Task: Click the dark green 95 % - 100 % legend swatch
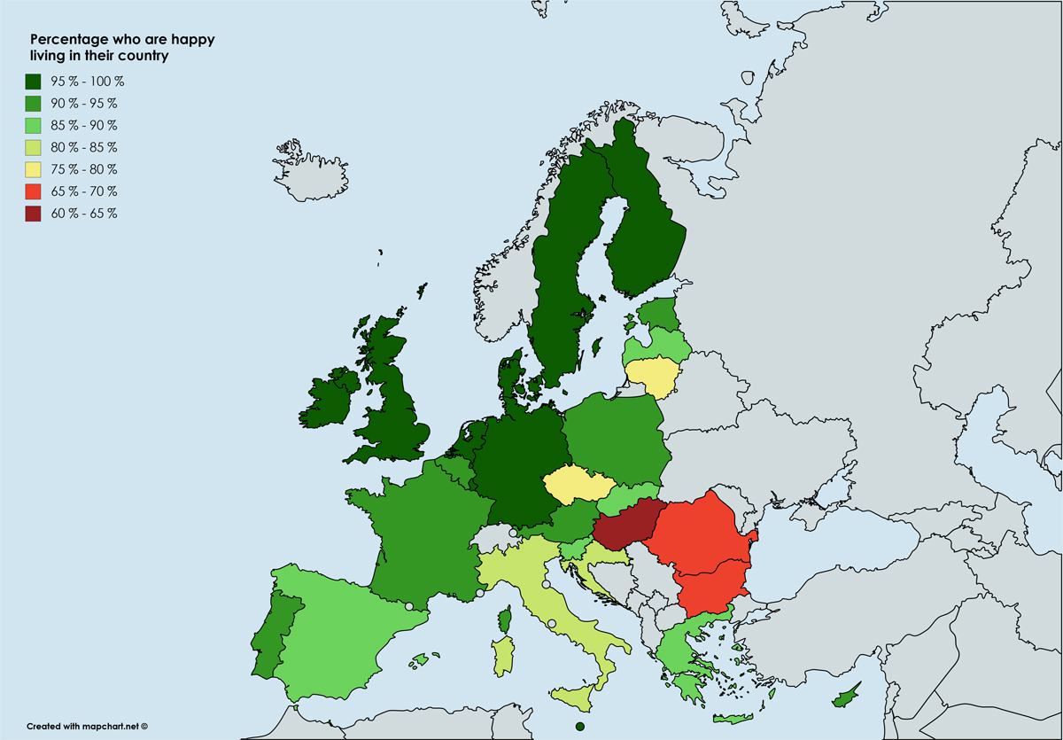click(34, 82)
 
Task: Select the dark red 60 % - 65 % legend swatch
click(34, 214)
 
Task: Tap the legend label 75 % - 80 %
click(85, 169)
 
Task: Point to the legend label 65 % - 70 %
click(85, 191)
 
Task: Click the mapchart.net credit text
click(86, 725)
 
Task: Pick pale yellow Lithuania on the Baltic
click(654, 376)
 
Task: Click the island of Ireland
click(340, 399)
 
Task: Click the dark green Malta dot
click(579, 727)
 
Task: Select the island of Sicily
click(577, 696)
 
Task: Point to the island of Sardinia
click(502, 654)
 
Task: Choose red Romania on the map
click(703, 536)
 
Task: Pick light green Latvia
click(657, 344)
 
